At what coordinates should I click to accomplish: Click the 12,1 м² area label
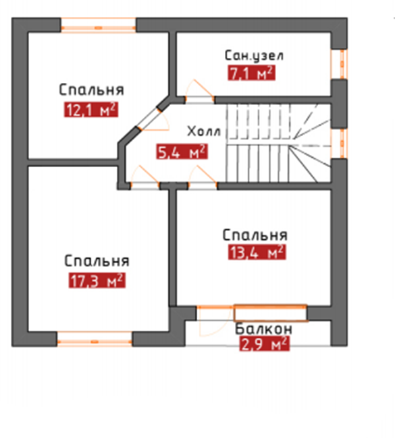tap(91, 109)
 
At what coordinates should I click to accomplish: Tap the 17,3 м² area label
tap(97, 280)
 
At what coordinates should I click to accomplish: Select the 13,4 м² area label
tap(257, 252)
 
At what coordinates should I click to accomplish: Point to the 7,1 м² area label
tap(251, 73)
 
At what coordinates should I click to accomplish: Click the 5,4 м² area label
tap(182, 152)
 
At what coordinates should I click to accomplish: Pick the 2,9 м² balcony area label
tap(265, 344)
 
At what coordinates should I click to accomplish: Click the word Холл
tap(204, 131)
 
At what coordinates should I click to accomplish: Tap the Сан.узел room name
tap(254, 55)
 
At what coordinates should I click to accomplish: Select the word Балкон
tap(263, 329)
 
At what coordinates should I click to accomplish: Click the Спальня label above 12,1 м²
tap(92, 90)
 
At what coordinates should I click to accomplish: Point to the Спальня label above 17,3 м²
tap(97, 261)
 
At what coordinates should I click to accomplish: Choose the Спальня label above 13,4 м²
tap(255, 235)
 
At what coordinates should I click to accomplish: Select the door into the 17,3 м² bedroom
tap(145, 175)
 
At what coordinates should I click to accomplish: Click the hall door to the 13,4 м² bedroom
tap(203, 175)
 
